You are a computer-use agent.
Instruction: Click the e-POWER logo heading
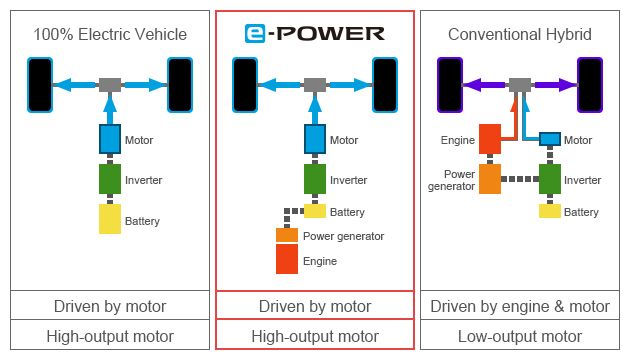coord(314,33)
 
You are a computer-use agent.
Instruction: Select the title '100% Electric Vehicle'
coord(110,34)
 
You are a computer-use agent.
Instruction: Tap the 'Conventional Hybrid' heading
coord(519,34)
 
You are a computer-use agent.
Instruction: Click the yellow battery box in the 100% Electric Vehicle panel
coord(110,219)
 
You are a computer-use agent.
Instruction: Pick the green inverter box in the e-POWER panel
coord(315,179)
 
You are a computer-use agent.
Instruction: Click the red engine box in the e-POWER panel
coord(287,260)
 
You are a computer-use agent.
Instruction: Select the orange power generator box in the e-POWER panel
coord(287,235)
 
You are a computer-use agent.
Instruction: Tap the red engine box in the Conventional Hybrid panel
coord(490,139)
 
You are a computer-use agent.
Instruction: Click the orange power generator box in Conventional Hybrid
coord(490,179)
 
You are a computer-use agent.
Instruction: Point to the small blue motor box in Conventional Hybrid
coord(549,139)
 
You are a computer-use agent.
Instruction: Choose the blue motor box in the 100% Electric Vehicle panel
coord(110,139)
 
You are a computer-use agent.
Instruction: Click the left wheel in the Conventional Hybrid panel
coord(450,84)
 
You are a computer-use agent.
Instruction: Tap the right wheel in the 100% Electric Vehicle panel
coord(180,84)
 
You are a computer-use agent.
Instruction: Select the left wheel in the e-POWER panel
coord(245,84)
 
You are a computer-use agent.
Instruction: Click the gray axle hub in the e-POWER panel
coord(315,85)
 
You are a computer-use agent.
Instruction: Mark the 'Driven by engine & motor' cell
coord(519,306)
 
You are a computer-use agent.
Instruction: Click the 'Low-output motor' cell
coord(519,336)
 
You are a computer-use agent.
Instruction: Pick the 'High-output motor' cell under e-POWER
coord(315,336)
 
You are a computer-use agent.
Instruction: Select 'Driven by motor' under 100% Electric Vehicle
coord(110,306)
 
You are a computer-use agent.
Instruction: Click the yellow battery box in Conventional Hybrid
coord(549,211)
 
